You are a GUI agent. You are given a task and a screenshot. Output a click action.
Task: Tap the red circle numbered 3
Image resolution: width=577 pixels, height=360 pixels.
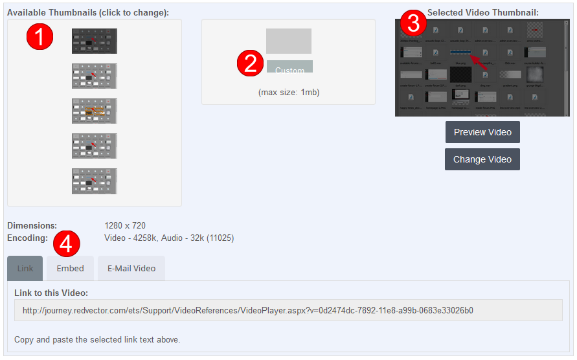tap(413, 23)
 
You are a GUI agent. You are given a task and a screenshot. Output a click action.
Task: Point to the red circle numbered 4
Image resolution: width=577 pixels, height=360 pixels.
tap(66, 243)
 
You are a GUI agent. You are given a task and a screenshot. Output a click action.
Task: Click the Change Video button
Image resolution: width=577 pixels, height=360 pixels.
tap(482, 159)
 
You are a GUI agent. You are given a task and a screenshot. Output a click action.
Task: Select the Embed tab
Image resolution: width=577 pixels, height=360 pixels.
tap(70, 268)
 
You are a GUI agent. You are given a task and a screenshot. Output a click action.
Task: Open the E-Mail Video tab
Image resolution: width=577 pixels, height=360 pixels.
tap(131, 268)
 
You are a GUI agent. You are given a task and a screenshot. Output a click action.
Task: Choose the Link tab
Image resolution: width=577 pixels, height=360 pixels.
tap(25, 268)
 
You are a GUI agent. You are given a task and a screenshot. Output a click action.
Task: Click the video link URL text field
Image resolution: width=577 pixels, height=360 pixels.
tap(288, 310)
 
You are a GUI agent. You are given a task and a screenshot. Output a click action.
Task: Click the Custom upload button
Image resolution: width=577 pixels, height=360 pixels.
tap(289, 67)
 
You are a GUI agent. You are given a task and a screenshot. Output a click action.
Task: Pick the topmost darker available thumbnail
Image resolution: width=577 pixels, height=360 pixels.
tap(95, 41)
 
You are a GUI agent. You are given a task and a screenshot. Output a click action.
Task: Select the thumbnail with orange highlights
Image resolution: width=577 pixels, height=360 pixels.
tap(95, 111)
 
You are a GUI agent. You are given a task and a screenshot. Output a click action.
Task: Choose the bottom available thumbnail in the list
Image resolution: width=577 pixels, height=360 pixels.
tap(95, 181)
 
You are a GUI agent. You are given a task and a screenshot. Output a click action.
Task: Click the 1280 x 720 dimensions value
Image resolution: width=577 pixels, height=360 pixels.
tap(125, 226)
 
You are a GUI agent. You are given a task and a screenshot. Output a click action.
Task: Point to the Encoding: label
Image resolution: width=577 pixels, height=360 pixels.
tap(28, 238)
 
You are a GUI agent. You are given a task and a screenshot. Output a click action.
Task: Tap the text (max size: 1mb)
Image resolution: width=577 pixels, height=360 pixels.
tap(289, 93)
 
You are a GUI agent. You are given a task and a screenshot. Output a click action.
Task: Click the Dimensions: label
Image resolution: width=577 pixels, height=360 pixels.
tap(32, 226)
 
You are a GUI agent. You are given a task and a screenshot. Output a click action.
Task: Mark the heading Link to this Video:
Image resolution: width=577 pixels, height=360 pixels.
tap(51, 293)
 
